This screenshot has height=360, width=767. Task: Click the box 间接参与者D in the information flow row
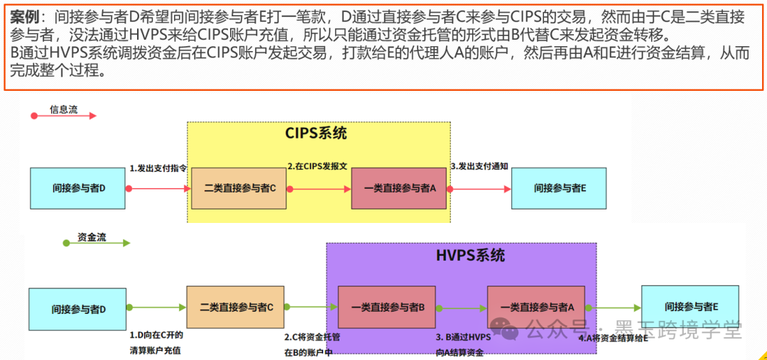pyautogui.click(x=79, y=188)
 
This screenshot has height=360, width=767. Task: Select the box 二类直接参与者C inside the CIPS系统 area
pyautogui.click(x=239, y=188)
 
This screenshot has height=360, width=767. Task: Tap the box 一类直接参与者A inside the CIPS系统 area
pyautogui.click(x=399, y=188)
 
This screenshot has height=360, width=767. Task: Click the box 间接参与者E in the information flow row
pyautogui.click(x=559, y=188)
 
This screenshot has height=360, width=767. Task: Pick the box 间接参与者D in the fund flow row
pyautogui.click(x=79, y=309)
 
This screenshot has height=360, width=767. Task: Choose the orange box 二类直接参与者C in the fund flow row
pyautogui.click(x=236, y=307)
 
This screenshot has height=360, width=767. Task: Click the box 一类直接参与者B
pyautogui.click(x=388, y=307)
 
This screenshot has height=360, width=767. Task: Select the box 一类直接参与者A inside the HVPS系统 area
pyautogui.click(x=536, y=307)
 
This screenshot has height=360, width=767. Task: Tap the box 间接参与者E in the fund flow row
pyautogui.click(x=690, y=307)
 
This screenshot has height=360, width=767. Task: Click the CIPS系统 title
pyautogui.click(x=316, y=133)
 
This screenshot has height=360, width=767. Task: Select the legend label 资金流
pyautogui.click(x=92, y=238)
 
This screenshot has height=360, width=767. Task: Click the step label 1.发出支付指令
pyautogui.click(x=158, y=168)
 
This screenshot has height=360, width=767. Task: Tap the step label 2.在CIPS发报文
pyautogui.click(x=317, y=166)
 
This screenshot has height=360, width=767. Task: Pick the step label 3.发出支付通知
pyautogui.click(x=479, y=166)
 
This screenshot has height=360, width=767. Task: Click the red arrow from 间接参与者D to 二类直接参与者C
pyautogui.click(x=160, y=188)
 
